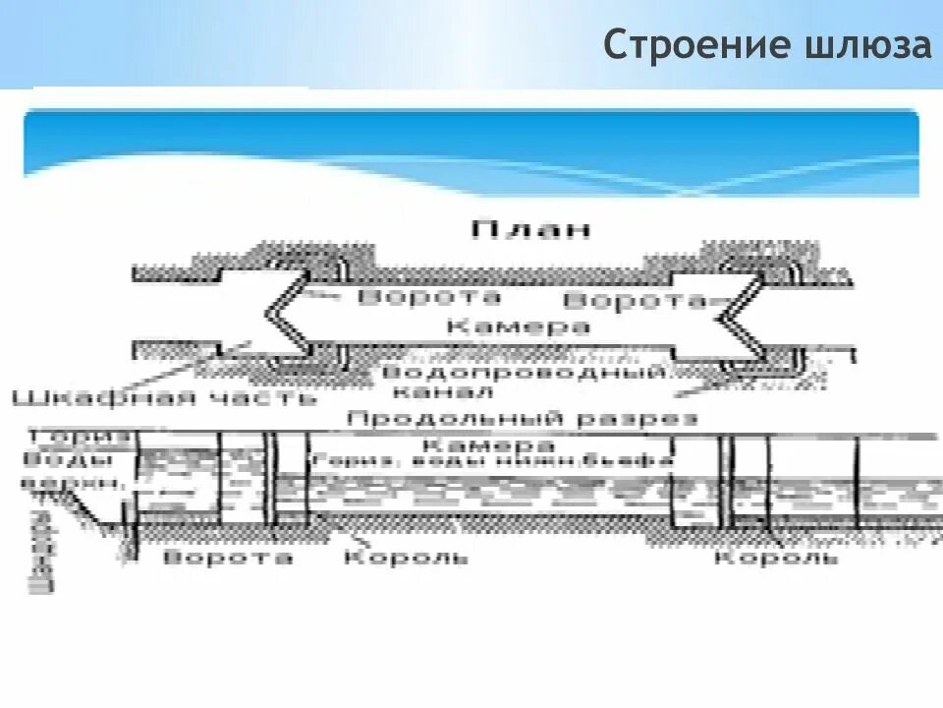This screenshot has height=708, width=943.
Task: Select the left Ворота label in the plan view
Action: coord(429,297)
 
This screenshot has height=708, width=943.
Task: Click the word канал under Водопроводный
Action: coord(432,393)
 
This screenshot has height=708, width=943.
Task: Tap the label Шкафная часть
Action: coord(164,398)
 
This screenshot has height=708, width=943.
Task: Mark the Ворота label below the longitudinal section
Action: coord(227,558)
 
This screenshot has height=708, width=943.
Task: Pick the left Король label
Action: coord(405,558)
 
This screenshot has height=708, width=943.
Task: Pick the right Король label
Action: coord(776,558)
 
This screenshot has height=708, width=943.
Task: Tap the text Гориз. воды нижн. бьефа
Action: coord(491,460)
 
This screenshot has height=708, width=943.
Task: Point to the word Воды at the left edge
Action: coord(49,460)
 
